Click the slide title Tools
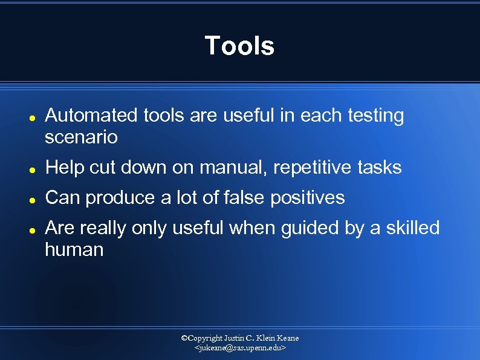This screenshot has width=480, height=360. point(239,46)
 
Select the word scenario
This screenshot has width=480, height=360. point(81,137)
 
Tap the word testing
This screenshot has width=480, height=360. point(376,116)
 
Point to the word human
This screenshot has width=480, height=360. point(74,249)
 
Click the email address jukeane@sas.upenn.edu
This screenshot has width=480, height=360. point(239,349)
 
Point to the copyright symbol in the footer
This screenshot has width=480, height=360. point(184,338)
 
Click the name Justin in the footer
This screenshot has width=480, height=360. point(234,338)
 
